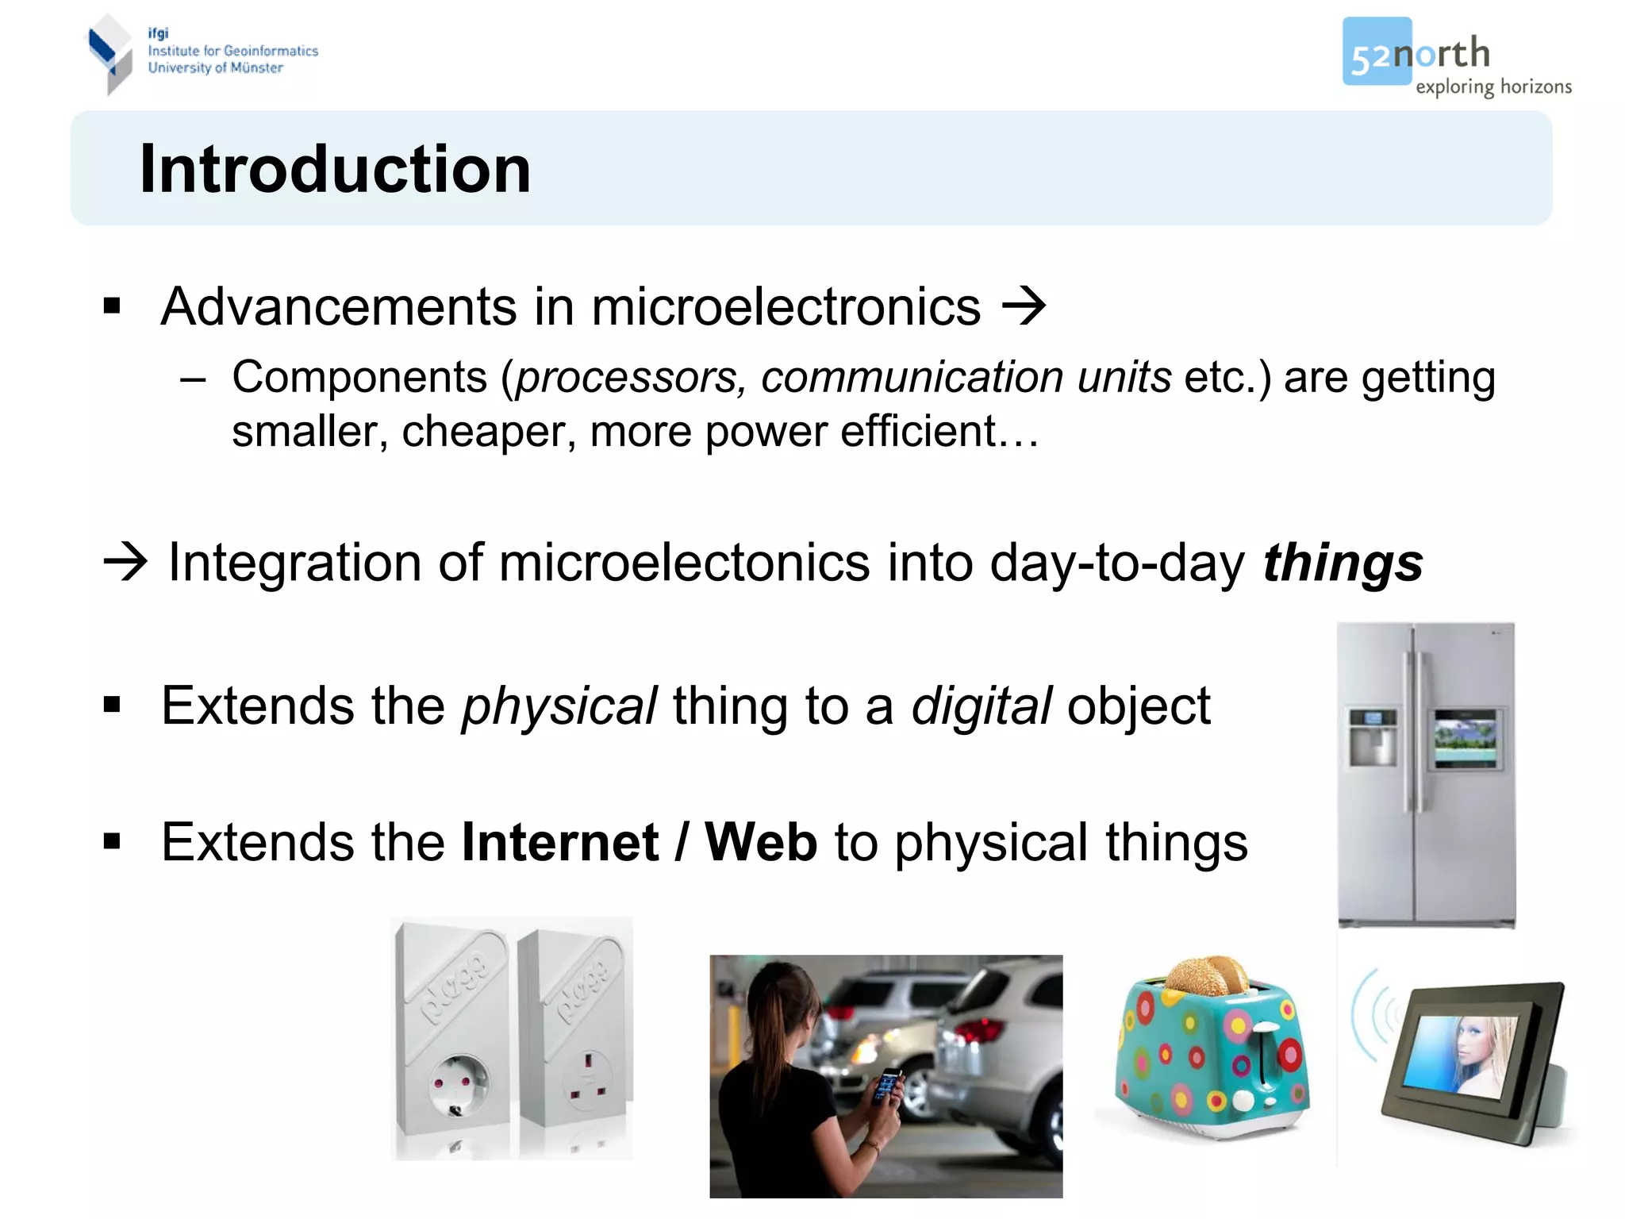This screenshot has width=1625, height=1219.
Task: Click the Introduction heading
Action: click(x=335, y=169)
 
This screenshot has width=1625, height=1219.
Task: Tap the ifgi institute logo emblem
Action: click(x=109, y=54)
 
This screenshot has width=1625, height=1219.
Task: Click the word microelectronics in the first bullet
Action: click(x=786, y=307)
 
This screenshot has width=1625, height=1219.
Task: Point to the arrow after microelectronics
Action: click(x=1024, y=306)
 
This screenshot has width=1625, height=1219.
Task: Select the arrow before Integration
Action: click(x=125, y=562)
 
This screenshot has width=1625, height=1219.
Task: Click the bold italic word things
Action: click(x=1343, y=563)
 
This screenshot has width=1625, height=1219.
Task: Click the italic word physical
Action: click(x=559, y=706)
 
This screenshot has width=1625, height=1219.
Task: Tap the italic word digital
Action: click(x=981, y=706)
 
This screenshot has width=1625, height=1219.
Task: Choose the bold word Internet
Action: click(x=560, y=842)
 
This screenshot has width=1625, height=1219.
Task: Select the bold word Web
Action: click(x=761, y=842)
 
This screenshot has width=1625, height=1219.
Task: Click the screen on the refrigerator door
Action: click(x=1465, y=739)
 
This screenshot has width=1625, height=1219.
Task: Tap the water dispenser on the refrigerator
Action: click(x=1373, y=738)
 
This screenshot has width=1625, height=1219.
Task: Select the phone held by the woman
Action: click(x=887, y=1085)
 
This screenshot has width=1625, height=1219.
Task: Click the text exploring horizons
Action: click(x=1493, y=87)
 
